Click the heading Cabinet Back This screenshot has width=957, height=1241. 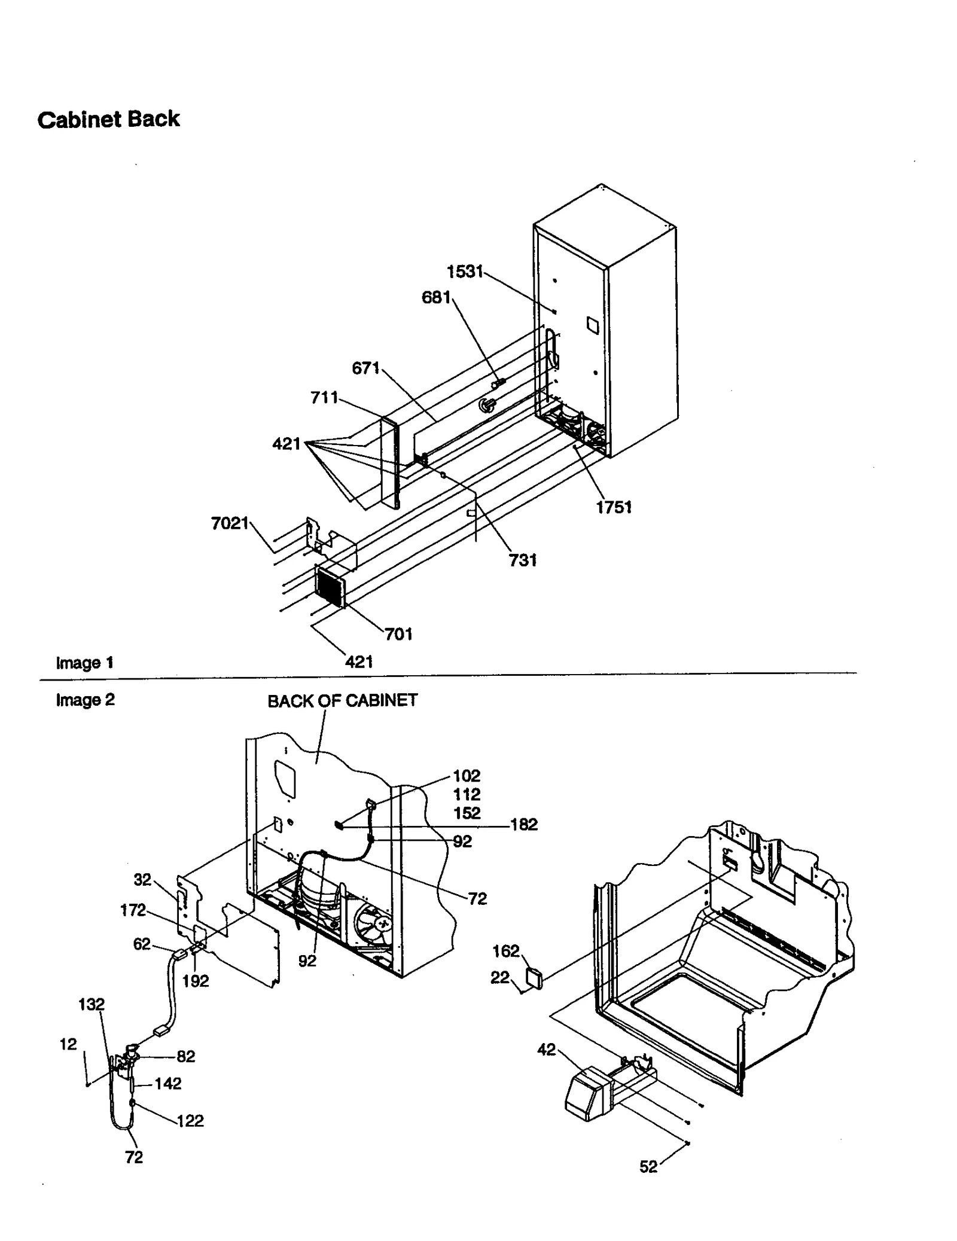[x=108, y=120]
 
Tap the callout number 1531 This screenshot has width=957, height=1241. [x=465, y=272]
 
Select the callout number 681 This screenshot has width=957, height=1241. [x=436, y=297]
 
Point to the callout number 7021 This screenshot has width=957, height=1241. [x=230, y=523]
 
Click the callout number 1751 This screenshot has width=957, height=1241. [x=614, y=507]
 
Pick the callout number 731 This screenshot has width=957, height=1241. [x=523, y=560]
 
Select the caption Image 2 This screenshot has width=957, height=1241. [x=85, y=700]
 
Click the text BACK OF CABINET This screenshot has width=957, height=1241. [x=342, y=701]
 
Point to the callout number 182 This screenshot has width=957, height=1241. [x=523, y=825]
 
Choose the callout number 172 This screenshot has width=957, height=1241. [x=133, y=910]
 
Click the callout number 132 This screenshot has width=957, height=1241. [x=92, y=1005]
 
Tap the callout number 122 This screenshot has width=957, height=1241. [x=190, y=1121]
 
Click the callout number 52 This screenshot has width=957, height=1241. [x=648, y=1167]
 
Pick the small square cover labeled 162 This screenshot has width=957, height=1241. [x=534, y=978]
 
